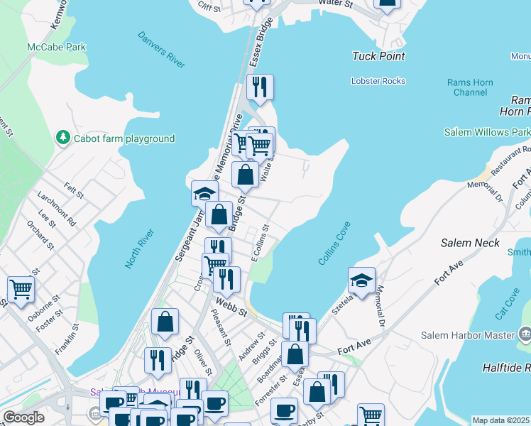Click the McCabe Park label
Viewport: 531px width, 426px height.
click(x=57, y=47)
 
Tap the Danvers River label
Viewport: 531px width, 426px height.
click(x=161, y=49)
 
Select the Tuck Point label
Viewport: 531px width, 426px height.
click(x=378, y=56)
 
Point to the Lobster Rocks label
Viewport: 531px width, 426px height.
click(x=378, y=81)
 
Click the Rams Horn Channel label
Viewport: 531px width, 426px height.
click(x=470, y=88)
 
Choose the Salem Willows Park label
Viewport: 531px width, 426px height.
click(x=487, y=132)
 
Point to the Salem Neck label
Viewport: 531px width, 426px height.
click(x=469, y=243)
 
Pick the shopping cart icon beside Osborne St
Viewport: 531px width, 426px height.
click(x=21, y=289)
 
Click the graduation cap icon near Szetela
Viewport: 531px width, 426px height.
click(x=361, y=280)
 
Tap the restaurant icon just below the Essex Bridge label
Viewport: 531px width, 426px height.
click(x=260, y=87)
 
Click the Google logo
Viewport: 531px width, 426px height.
click(x=23, y=417)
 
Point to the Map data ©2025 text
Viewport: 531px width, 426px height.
click(x=501, y=420)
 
